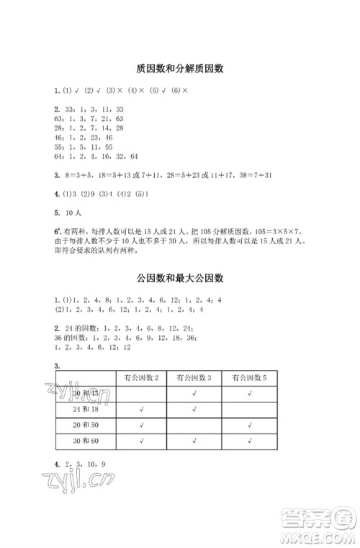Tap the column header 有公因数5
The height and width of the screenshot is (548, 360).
249,377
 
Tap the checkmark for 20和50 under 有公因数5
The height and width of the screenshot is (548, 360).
249,426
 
